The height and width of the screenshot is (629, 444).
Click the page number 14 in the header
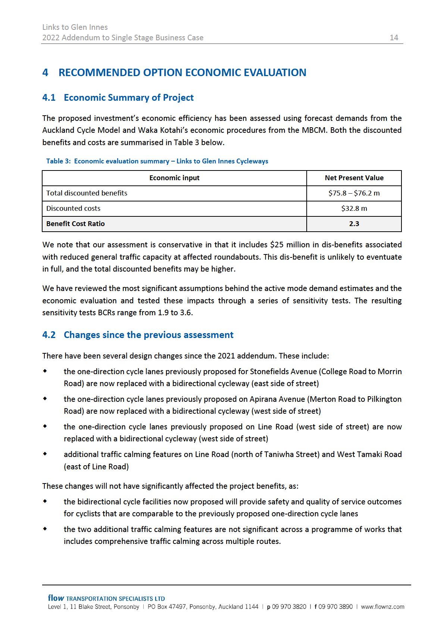click(x=394, y=38)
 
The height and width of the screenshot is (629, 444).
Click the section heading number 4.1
click(x=49, y=98)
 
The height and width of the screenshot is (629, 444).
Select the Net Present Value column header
click(x=354, y=178)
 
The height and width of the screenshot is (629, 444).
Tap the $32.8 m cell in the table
click(x=354, y=209)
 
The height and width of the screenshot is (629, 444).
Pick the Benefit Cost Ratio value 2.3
click(x=354, y=224)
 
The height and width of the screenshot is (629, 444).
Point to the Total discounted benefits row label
click(x=87, y=193)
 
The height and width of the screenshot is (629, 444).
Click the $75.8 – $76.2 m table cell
click(x=354, y=193)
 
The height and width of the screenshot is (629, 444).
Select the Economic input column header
click(x=174, y=178)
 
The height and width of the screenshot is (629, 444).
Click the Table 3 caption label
click(x=58, y=161)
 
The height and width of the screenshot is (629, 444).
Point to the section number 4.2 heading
click(x=49, y=335)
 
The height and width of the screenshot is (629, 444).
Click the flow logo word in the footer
click(x=56, y=598)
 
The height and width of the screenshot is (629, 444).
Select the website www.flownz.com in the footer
click(x=382, y=607)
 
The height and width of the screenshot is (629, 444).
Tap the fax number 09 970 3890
click(x=335, y=607)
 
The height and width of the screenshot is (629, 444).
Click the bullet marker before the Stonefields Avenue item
click(x=45, y=371)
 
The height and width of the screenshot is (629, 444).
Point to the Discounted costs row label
click(x=73, y=209)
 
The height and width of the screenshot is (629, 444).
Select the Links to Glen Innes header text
click(x=75, y=27)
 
